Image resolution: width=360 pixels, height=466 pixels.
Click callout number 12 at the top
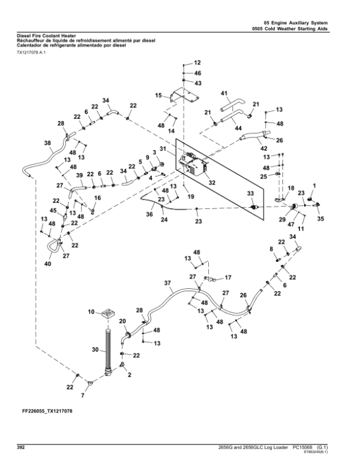coord(197,62)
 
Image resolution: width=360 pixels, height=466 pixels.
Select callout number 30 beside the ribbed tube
coord(94,349)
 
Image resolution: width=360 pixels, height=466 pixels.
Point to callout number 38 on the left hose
coord(48,143)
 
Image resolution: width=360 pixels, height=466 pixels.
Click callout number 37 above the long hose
coord(167,282)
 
